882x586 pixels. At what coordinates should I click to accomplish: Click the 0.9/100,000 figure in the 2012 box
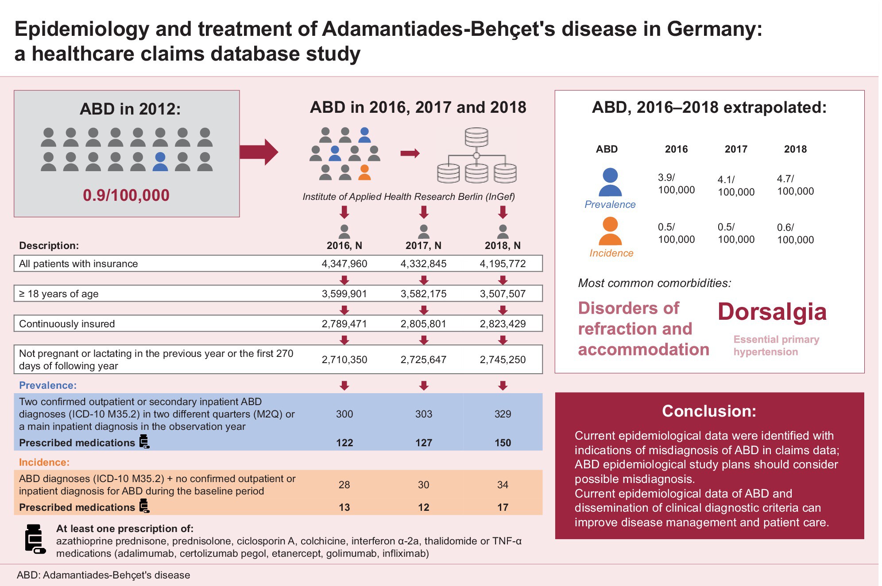coord(126,195)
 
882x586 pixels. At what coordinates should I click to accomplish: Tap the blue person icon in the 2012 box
coord(160,162)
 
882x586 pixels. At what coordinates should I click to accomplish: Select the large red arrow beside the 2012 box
coord(259,152)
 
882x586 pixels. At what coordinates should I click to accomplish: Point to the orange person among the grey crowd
coord(364,172)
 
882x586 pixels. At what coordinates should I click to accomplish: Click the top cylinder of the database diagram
coord(476,137)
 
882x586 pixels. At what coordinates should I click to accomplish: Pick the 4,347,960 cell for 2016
coord(344,264)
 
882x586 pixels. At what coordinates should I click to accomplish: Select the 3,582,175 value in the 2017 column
coord(423,294)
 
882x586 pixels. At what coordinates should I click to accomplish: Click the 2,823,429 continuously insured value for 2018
coord(503,324)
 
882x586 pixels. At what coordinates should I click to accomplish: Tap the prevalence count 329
coord(503,414)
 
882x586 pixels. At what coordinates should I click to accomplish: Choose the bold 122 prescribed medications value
coord(344,443)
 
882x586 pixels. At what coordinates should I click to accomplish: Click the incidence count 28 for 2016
coord(344,485)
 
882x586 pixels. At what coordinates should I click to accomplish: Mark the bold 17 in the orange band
coord(503,507)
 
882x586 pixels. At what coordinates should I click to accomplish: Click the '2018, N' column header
coord(503,245)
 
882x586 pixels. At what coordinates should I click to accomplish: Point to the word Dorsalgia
coord(772,312)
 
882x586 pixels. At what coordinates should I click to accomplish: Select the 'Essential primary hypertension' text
coord(776,345)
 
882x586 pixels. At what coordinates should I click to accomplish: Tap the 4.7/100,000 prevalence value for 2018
coord(795,185)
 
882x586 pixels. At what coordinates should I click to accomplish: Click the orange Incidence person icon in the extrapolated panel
coord(610,231)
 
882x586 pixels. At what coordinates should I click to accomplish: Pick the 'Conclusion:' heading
coord(709,411)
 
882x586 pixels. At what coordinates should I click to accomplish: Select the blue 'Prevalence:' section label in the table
coord(48,385)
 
